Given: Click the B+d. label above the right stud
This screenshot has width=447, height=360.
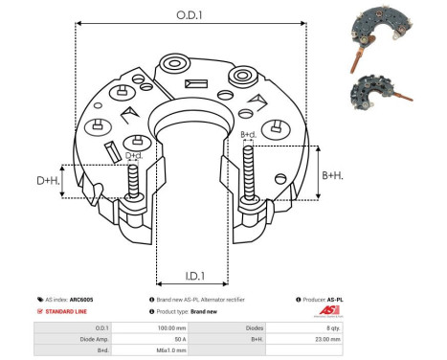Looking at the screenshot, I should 248,134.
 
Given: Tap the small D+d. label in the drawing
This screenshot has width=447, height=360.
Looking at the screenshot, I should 135,154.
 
